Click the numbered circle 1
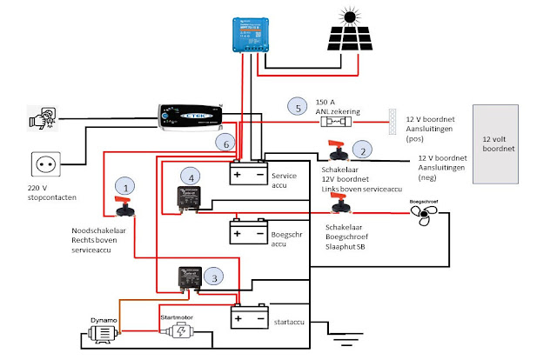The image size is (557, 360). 127,187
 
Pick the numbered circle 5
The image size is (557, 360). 299,108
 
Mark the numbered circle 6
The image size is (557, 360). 228,142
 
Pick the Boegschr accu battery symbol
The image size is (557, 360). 249,232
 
